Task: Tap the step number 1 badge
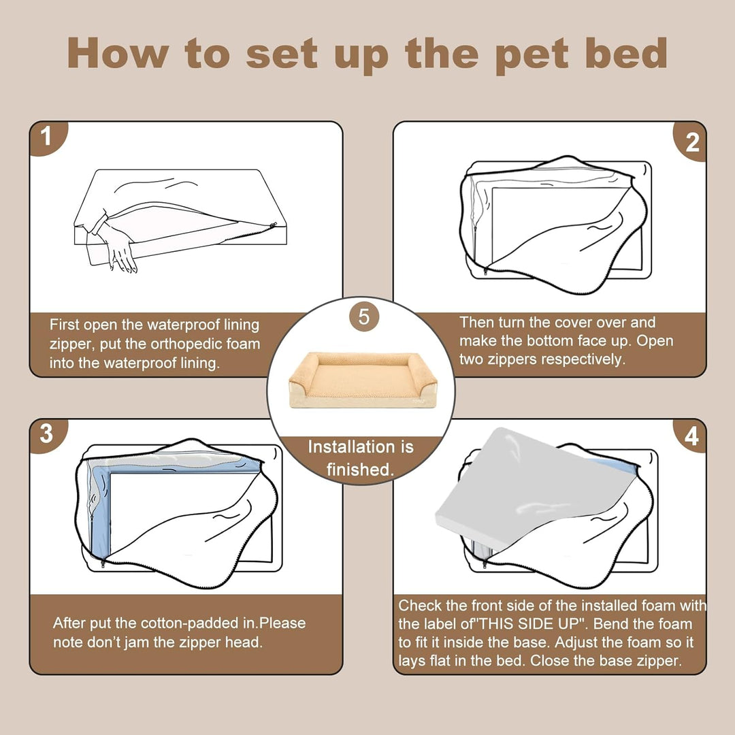[47, 137]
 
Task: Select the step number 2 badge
[691, 141]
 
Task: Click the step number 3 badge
[47, 434]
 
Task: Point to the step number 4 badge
[691, 436]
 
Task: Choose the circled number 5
[364, 317]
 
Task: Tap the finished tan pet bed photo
[363, 379]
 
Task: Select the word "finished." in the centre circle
[360, 469]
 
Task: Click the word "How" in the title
[118, 53]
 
